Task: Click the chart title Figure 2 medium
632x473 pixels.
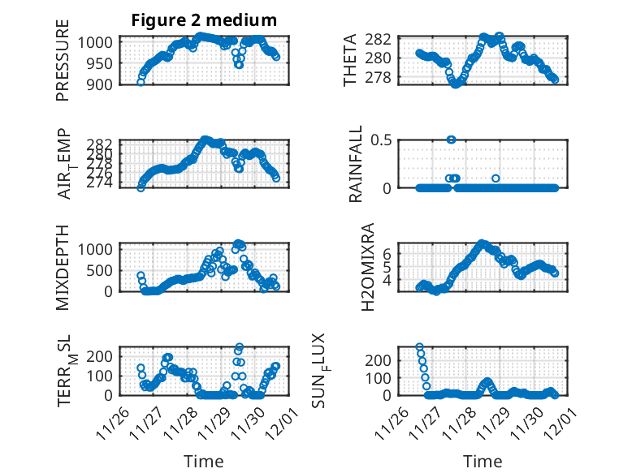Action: point(204,20)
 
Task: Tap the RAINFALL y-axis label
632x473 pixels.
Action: point(355,166)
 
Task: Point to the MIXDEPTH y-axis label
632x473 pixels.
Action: point(63,267)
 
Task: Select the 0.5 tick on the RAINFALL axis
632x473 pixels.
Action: point(382,140)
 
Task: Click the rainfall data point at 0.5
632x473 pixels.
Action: point(452,140)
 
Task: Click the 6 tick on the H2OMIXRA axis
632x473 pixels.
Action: point(388,253)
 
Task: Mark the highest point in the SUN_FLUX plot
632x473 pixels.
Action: point(420,347)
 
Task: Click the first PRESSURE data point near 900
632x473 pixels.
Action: point(141,83)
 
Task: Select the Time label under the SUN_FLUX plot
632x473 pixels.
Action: point(483,461)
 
